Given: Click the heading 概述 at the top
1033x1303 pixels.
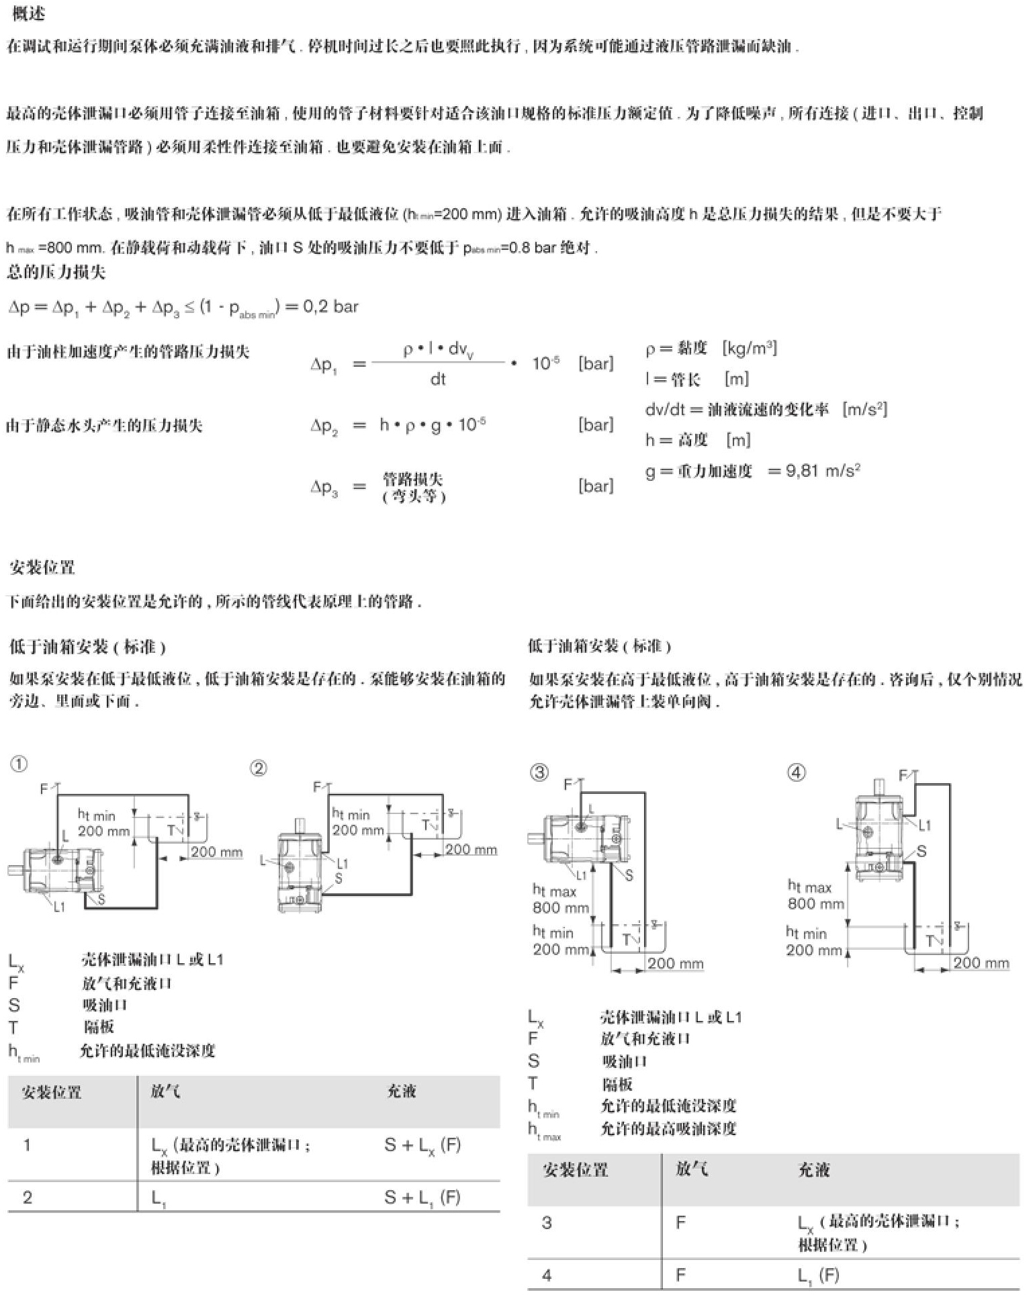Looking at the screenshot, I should coord(29,14).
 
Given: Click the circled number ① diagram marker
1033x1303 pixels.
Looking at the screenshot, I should coord(19,764).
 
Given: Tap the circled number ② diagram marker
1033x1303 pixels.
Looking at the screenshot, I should coord(259,768).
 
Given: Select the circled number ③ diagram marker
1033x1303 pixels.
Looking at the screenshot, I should coord(539,773).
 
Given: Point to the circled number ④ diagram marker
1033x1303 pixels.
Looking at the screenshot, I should coord(796,773).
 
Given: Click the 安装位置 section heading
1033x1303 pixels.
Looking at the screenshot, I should coord(42,568).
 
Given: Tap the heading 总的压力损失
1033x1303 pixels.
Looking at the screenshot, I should coord(56,272).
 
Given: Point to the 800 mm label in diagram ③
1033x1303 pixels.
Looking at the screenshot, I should coord(560,908).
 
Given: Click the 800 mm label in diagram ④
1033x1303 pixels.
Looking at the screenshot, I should coord(815,903).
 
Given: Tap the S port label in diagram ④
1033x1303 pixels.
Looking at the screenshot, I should coord(922,851).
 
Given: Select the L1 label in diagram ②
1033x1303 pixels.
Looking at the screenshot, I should coord(342,864).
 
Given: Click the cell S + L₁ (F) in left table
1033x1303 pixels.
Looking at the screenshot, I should coord(422,1198).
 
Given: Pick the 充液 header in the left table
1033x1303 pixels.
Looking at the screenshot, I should coord(402,1091).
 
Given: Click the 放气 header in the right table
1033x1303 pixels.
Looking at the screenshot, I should coord(691,1169).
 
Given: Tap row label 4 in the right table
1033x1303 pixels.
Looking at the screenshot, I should coord(547,1275).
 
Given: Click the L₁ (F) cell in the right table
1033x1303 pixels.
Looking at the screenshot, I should coord(818,1275).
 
